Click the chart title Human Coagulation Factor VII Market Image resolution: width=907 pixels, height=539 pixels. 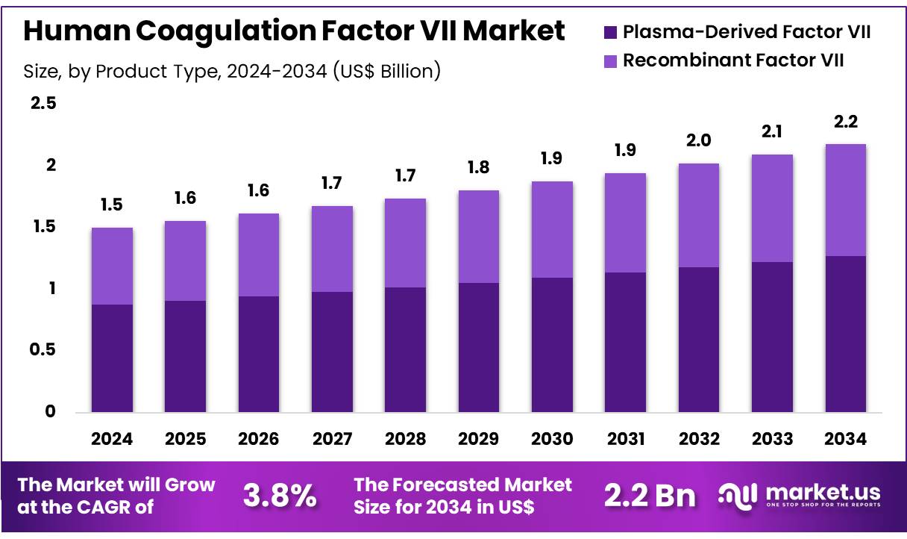(x=294, y=31)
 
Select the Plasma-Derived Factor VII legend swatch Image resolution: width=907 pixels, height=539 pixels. (x=609, y=32)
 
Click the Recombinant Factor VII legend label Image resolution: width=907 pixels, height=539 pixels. (x=733, y=60)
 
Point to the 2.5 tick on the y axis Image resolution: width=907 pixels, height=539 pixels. (x=43, y=103)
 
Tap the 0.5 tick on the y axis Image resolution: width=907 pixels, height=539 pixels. (x=43, y=350)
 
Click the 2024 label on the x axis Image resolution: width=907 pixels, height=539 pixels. (x=112, y=439)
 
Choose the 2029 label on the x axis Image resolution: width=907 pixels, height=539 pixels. (x=479, y=439)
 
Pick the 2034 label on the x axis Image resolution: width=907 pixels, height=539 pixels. (x=845, y=439)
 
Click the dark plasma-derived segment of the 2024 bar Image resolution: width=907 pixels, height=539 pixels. (x=112, y=358)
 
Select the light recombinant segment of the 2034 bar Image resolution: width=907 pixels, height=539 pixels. (x=845, y=200)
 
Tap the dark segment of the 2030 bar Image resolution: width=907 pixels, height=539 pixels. (x=552, y=345)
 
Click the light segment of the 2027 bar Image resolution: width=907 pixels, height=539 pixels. (x=332, y=249)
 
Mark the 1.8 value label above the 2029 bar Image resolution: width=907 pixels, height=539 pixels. (x=479, y=168)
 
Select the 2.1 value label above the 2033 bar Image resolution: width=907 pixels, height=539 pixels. (x=772, y=132)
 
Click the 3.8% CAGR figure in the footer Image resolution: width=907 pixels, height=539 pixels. (x=280, y=496)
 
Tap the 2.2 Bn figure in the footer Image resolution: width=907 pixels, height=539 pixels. (x=649, y=496)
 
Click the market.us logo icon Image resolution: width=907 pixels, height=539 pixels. (x=738, y=494)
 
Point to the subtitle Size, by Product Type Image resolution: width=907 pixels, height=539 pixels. (x=232, y=71)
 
